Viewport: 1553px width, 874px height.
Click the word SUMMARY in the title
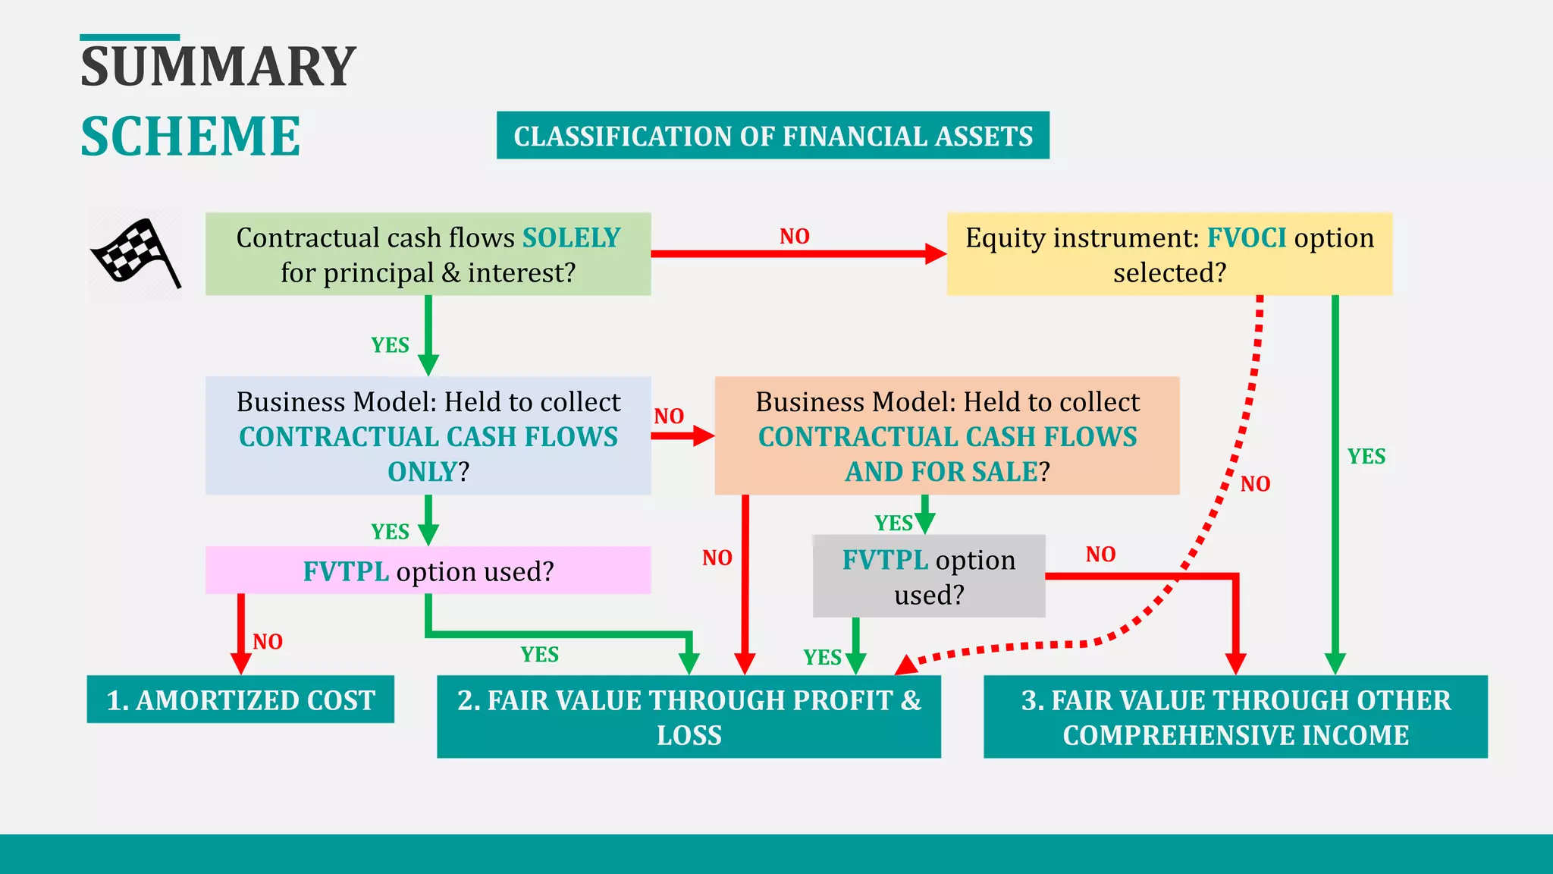pos(218,67)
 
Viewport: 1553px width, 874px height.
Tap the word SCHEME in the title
pos(190,137)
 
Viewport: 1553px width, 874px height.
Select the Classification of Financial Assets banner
pos(773,136)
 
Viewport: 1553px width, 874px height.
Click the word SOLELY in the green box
pos(571,238)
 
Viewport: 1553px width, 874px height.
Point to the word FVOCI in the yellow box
pos(1246,238)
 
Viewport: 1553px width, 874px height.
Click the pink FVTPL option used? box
pos(428,571)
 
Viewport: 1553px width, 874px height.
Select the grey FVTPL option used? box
pos(928,577)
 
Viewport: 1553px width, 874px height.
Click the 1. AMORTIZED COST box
pos(240,700)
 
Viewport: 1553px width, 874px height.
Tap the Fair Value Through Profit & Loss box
pos(689,717)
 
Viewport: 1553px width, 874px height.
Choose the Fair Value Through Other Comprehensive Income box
pos(1235,717)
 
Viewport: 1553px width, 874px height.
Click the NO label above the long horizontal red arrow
pos(794,237)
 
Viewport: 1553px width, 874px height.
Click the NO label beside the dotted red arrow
pos(1255,484)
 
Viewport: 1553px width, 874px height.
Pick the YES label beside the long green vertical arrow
pos(1366,457)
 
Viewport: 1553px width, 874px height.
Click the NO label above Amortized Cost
pos(267,642)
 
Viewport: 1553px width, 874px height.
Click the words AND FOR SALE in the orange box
pos(941,472)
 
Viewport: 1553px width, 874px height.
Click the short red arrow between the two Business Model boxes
pos(682,435)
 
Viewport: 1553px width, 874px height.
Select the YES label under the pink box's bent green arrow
pos(539,655)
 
